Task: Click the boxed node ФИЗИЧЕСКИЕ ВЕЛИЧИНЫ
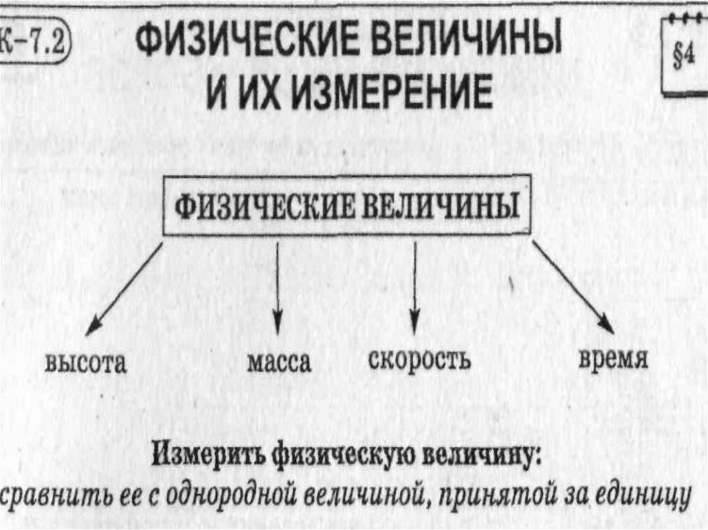[346, 207]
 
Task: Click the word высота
[86, 363]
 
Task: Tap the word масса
[279, 363]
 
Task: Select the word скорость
[420, 359]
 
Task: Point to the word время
[613, 361]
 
